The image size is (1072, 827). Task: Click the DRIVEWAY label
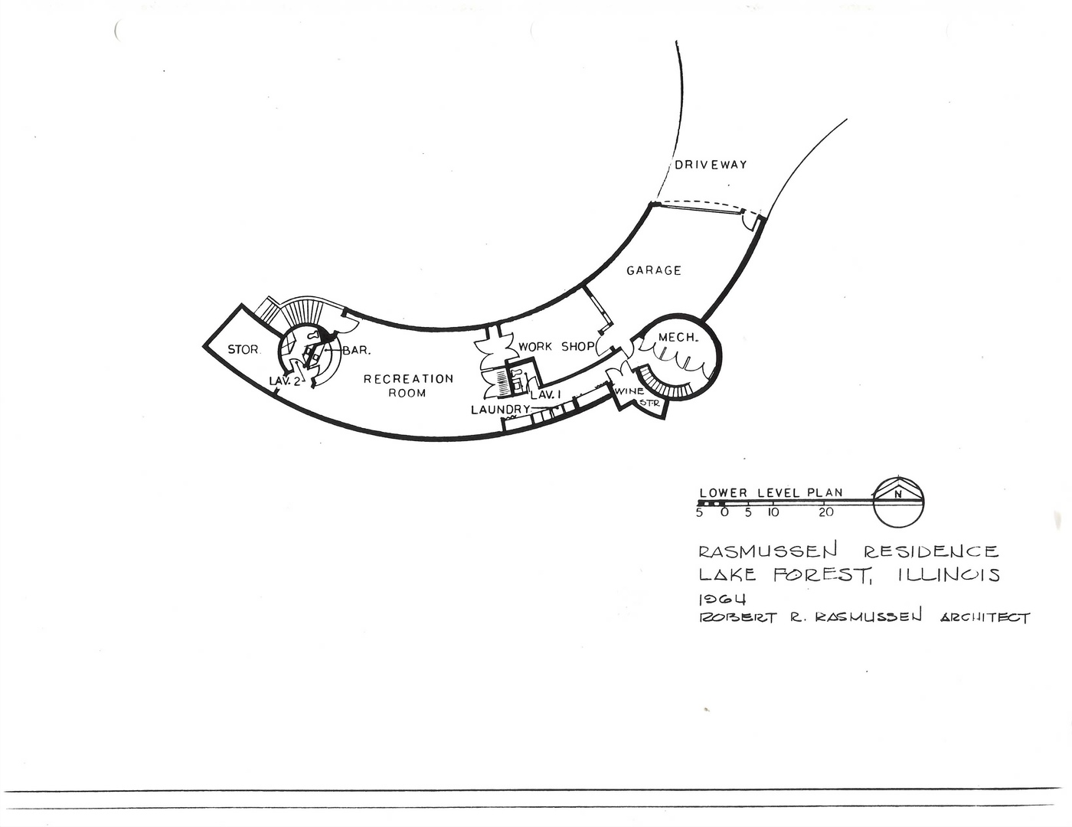(x=711, y=165)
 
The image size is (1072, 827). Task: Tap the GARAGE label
(x=654, y=270)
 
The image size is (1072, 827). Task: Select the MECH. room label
(x=678, y=338)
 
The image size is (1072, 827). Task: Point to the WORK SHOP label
(x=556, y=347)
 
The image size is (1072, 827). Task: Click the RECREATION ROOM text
(x=408, y=386)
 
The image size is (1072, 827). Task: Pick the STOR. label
(x=243, y=350)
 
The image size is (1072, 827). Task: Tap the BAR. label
(x=356, y=351)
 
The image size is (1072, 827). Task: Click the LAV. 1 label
(x=546, y=394)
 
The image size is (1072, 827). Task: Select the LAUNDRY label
(x=500, y=410)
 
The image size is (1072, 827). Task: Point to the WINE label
(x=629, y=391)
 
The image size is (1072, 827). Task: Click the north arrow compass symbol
(x=898, y=502)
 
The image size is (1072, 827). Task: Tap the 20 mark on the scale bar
(x=826, y=512)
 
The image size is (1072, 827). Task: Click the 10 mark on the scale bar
(x=773, y=512)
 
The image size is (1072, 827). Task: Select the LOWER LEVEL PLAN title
(x=771, y=492)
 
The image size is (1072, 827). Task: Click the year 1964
(x=722, y=599)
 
